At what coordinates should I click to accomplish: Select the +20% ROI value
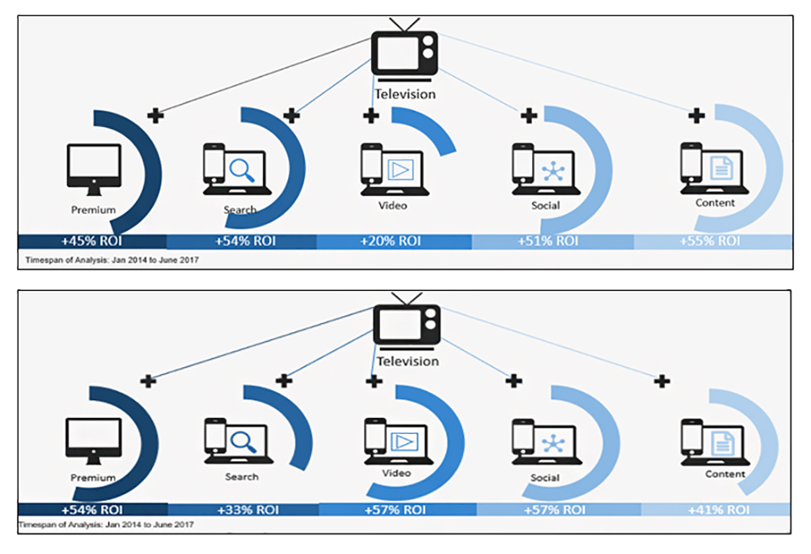point(390,241)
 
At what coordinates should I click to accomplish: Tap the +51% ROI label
point(548,241)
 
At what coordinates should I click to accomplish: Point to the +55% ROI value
point(710,241)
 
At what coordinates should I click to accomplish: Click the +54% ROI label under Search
point(242,241)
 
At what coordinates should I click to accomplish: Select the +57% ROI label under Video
point(392,510)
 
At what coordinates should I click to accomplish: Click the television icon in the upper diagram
point(405,54)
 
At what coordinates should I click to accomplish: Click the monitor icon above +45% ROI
point(93,166)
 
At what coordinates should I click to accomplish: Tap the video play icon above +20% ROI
point(395,170)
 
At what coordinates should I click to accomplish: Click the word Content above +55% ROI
point(715,203)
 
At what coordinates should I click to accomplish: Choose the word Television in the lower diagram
point(407,361)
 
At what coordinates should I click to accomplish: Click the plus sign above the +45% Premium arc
point(155,116)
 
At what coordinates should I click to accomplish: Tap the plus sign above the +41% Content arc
point(662,381)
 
